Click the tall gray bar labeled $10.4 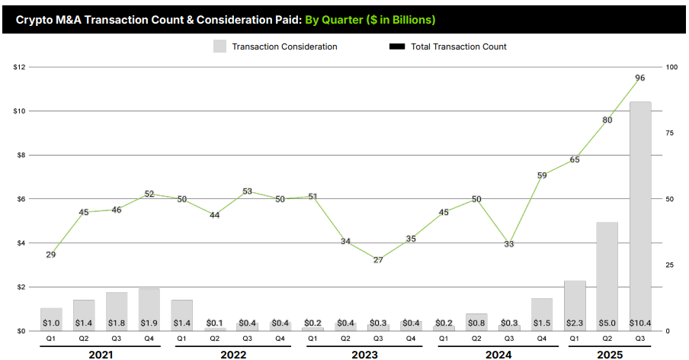click(x=640, y=214)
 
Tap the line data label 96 click(x=640, y=78)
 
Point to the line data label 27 click(x=378, y=260)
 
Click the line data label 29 click(x=51, y=255)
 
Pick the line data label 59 click(x=542, y=175)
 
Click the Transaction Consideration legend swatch click(x=220, y=47)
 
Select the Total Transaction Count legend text click(x=458, y=47)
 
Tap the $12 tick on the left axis click(x=20, y=67)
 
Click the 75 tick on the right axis click(x=670, y=133)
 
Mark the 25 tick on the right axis click(x=670, y=265)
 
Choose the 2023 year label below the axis click(x=364, y=355)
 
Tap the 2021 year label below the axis click(x=100, y=355)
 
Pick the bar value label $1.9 click(x=149, y=323)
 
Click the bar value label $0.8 click(x=476, y=323)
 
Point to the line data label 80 click(x=607, y=121)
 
